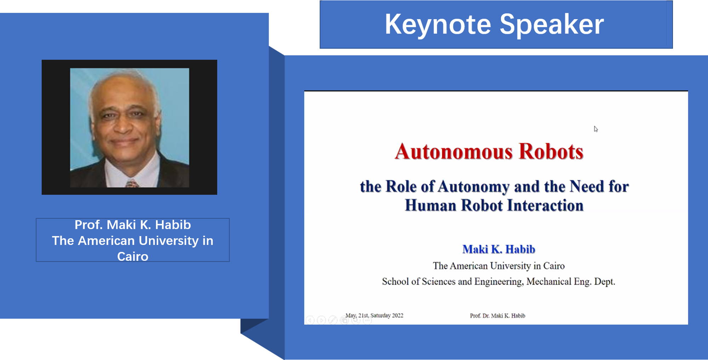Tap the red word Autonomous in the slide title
[453, 152]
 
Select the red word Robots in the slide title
[551, 152]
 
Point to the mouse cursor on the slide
[596, 129]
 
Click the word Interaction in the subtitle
[545, 205]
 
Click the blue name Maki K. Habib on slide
[499, 249]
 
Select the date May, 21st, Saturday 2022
[374, 315]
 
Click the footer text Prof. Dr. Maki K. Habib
[497, 316]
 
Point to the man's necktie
[132, 184]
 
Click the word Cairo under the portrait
[133, 256]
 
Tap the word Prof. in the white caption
[88, 225]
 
